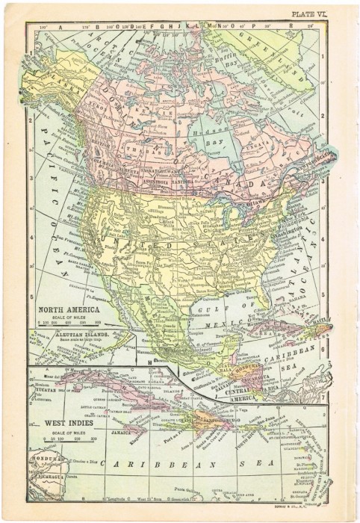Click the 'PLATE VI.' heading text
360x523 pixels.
[x=326, y=13]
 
